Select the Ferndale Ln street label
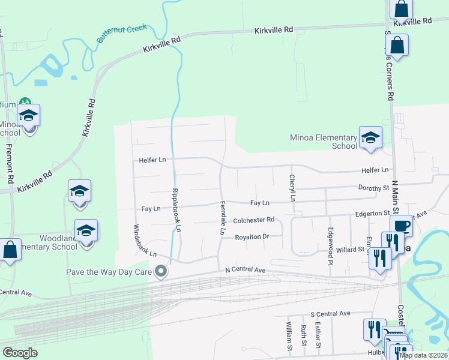point(222,217)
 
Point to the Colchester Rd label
point(253,220)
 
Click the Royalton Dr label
point(252,236)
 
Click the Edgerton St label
point(373,213)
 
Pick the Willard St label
point(351,250)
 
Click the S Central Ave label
point(330,314)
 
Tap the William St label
point(289,336)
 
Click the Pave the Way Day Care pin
point(160,272)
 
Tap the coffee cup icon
point(401,226)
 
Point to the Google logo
point(20,353)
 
